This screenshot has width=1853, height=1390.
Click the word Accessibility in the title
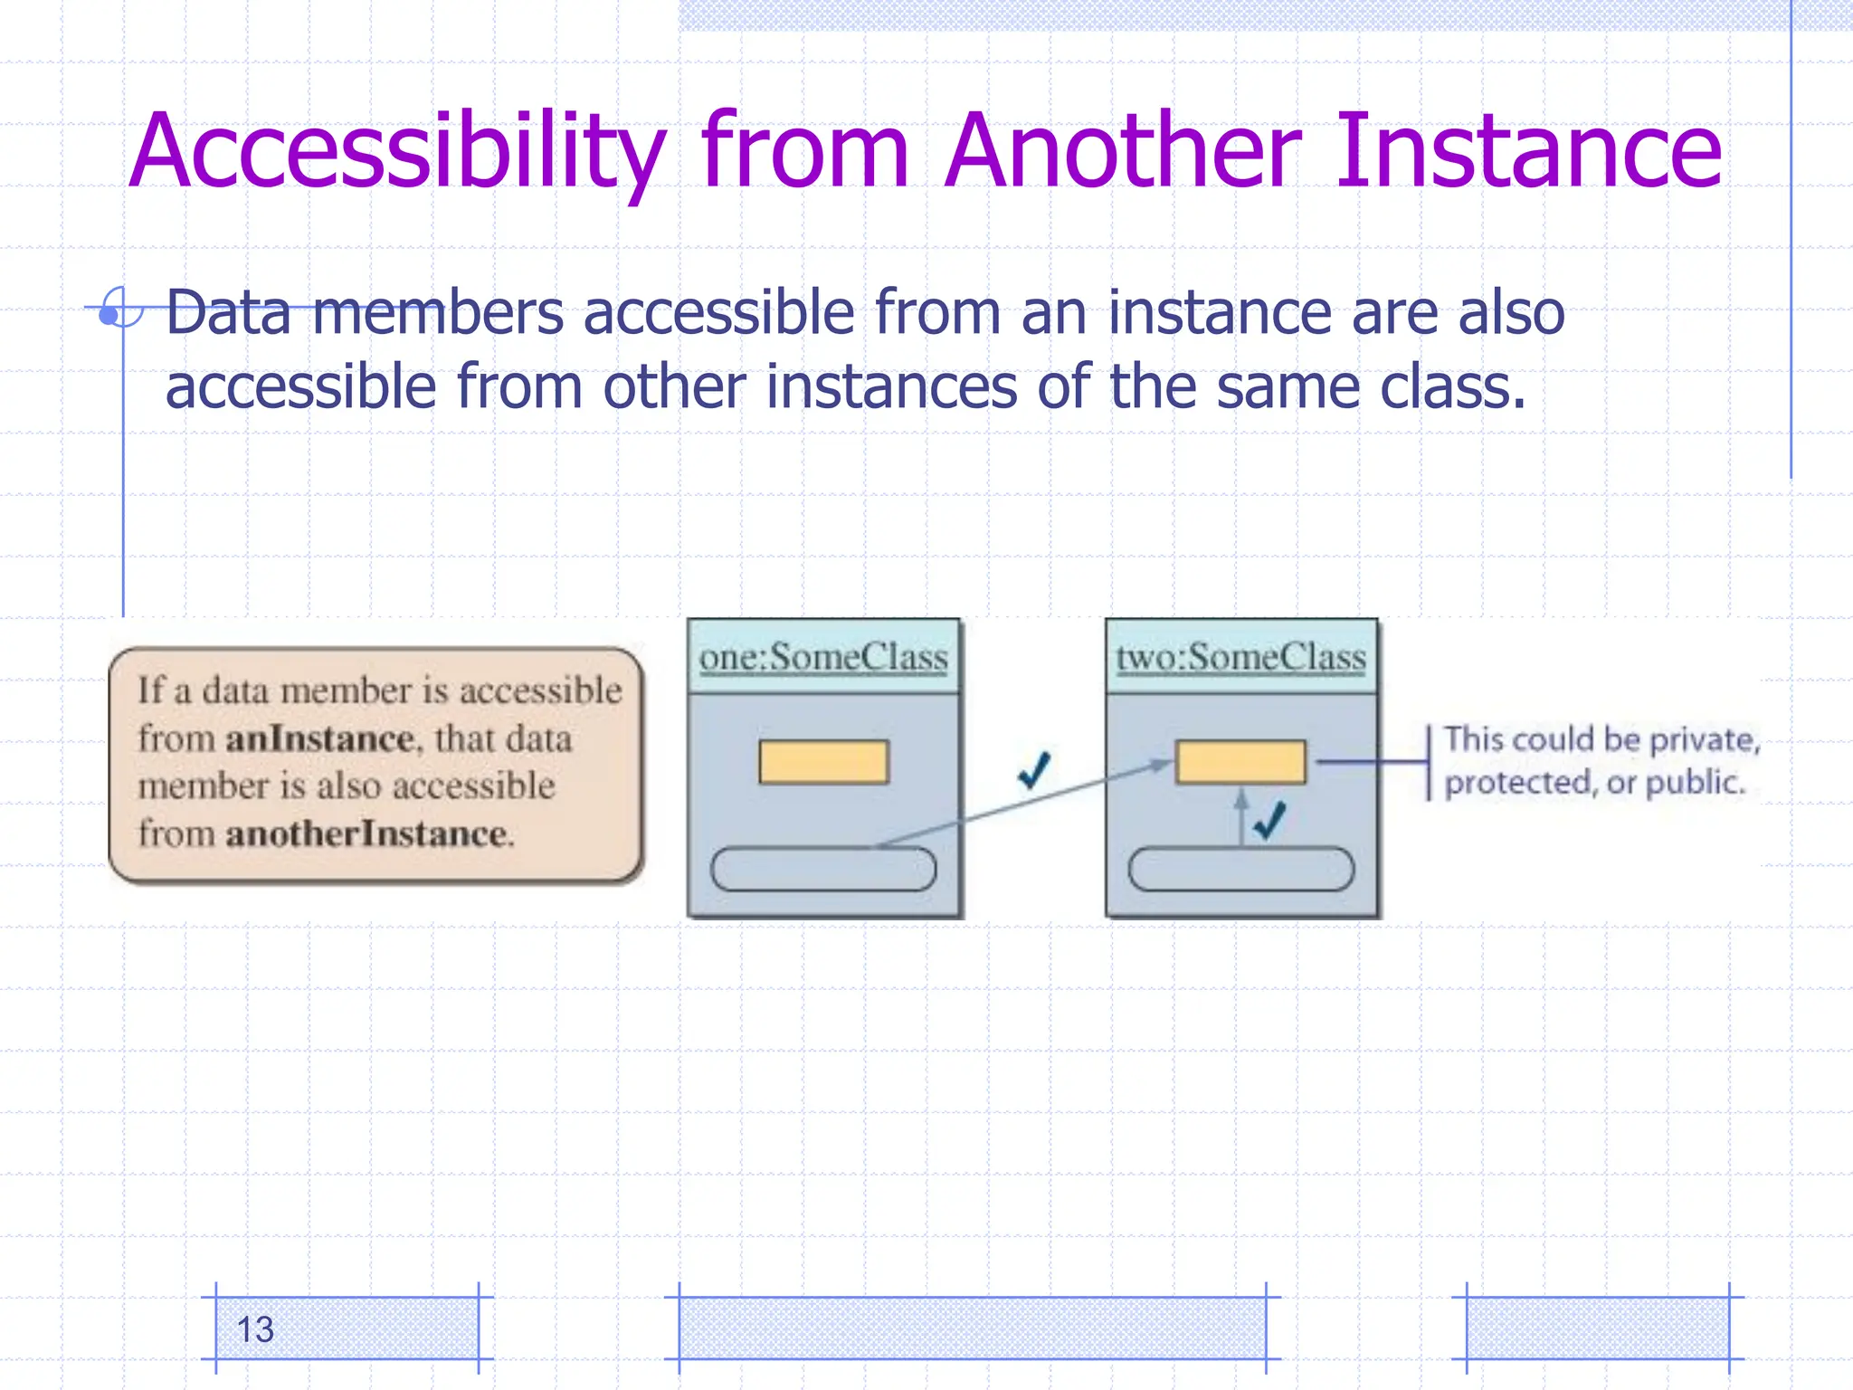click(398, 152)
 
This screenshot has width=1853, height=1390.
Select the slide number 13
click(254, 1329)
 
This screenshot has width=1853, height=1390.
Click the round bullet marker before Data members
click(110, 314)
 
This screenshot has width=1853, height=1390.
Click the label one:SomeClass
click(823, 657)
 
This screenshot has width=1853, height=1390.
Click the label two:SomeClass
click(1240, 657)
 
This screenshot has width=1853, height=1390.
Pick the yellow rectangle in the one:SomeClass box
click(823, 762)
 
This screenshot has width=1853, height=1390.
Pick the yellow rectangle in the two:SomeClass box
click(1240, 762)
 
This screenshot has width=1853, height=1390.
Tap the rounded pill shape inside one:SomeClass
click(823, 869)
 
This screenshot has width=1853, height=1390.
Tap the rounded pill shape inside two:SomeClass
click(1240, 869)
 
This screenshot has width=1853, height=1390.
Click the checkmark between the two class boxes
click(1033, 770)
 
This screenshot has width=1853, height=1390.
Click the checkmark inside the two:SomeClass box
click(1269, 820)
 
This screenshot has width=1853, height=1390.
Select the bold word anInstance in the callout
click(319, 739)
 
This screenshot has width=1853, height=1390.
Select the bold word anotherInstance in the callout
click(366, 833)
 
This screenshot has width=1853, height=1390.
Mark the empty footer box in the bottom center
click(972, 1328)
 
